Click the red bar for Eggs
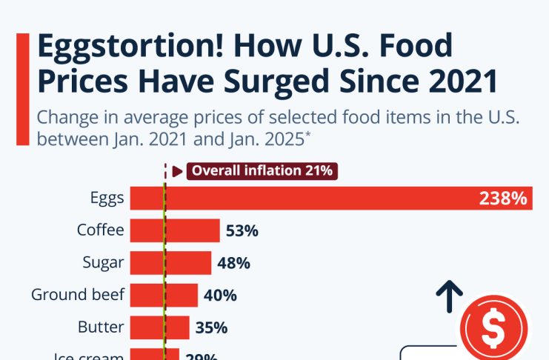[x=331, y=198]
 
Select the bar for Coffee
[x=175, y=230]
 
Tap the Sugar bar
[x=171, y=262]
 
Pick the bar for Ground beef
[x=164, y=295]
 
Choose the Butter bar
[x=159, y=327]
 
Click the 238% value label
[x=503, y=198]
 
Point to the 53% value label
[x=242, y=230]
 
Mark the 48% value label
[x=234, y=263]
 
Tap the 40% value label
[x=220, y=296]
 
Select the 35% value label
[x=211, y=328]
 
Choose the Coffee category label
[x=100, y=230]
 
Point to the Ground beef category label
[x=78, y=295]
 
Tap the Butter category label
[x=101, y=327]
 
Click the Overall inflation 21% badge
[x=262, y=171]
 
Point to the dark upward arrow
[x=449, y=297]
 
